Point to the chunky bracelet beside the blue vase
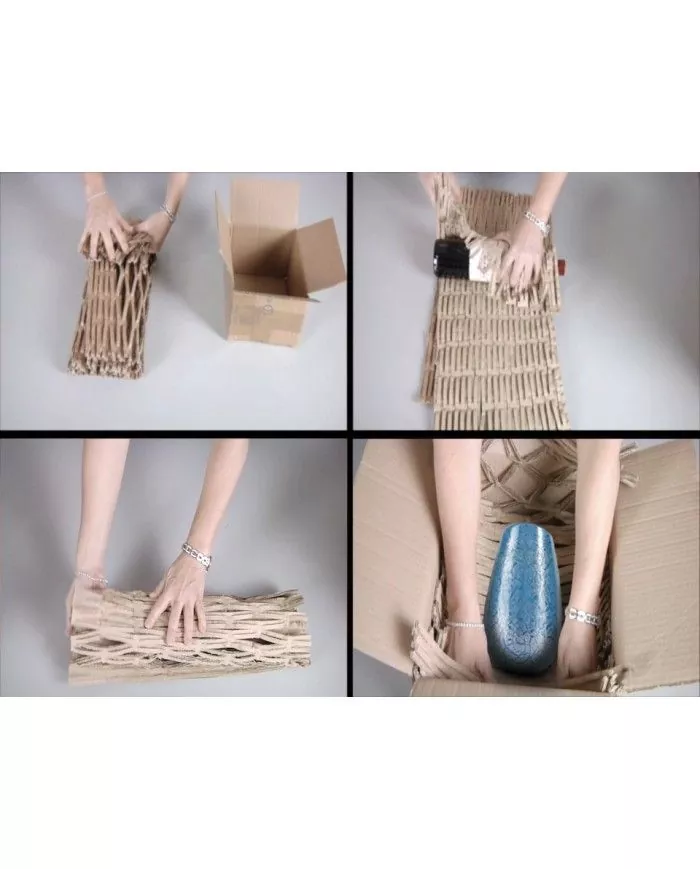click(582, 617)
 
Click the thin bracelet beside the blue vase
click(463, 624)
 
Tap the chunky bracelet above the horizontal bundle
click(196, 555)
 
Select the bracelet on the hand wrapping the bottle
click(538, 221)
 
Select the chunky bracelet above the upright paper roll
click(167, 213)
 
